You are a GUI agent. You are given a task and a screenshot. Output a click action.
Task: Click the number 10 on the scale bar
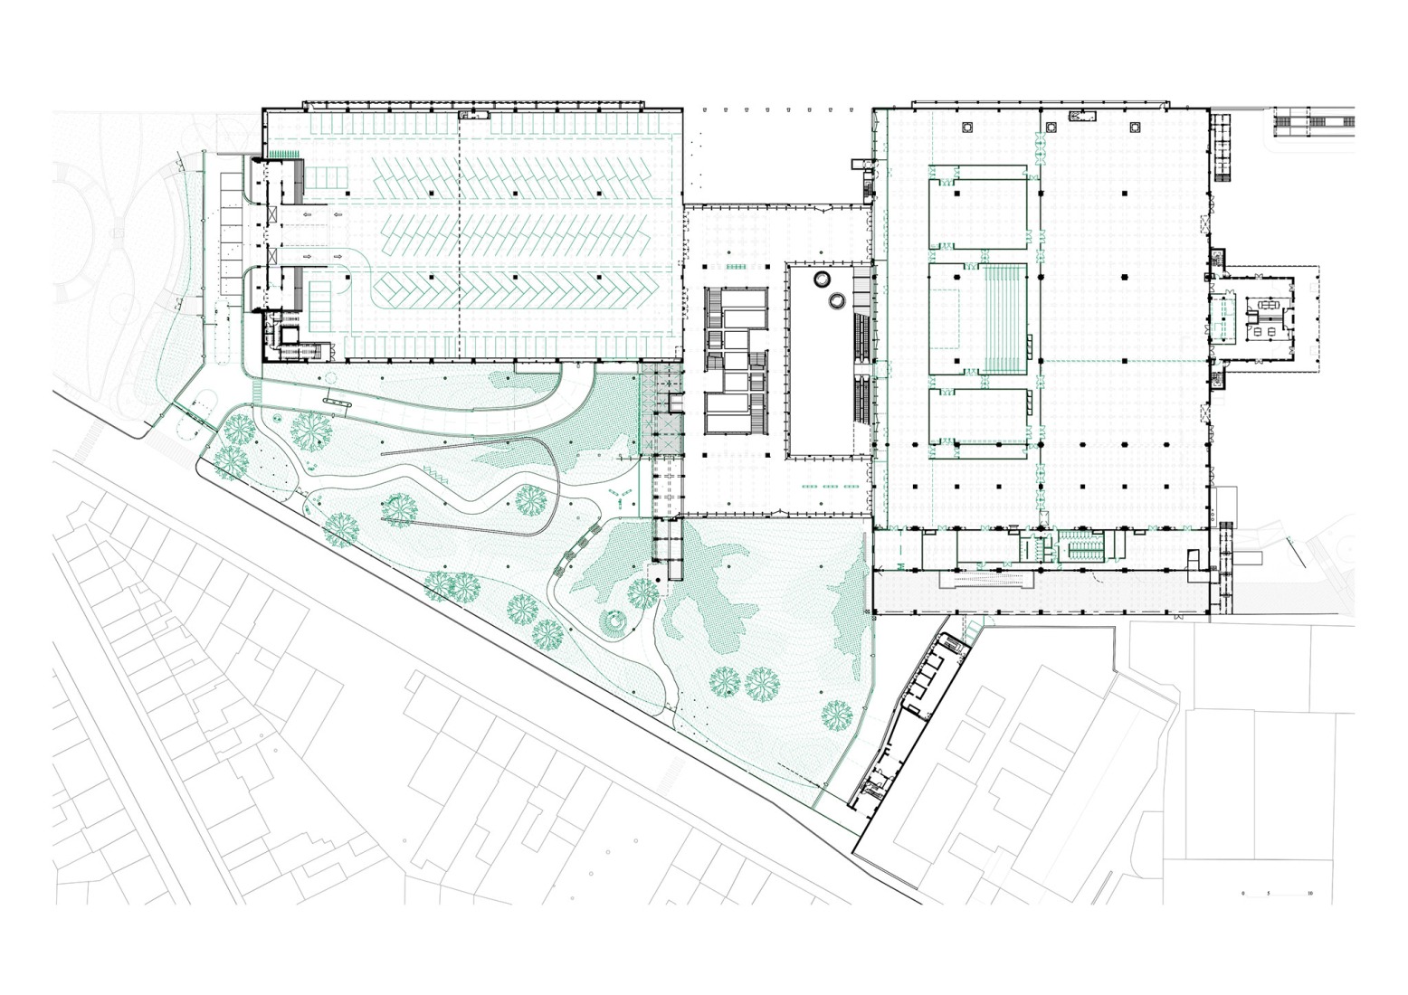(1310, 894)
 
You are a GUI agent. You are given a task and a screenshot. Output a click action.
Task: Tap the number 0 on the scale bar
(1243, 894)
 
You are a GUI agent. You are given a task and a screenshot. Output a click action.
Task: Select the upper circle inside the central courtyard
(824, 279)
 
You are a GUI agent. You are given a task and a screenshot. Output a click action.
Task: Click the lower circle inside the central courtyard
(838, 298)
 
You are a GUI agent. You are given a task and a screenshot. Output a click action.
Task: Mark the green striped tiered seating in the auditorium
(1004, 317)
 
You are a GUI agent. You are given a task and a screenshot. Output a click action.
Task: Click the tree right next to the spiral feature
(643, 594)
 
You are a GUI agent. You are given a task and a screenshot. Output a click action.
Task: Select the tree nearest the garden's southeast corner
(838, 715)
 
